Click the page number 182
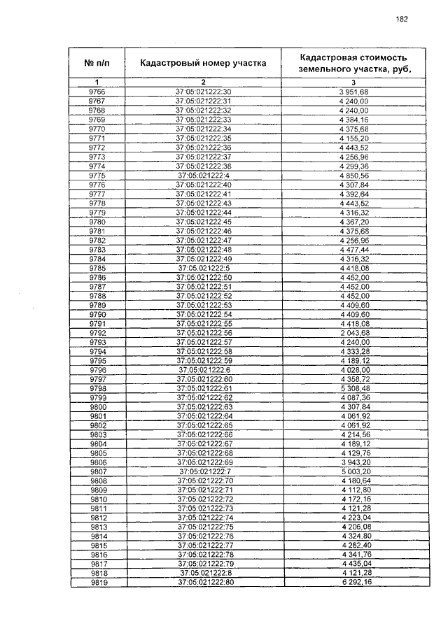tap(401, 19)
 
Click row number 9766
tap(97, 92)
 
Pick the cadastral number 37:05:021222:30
tap(203, 92)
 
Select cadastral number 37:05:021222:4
tap(203, 175)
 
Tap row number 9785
tap(97, 268)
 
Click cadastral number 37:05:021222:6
tap(203, 369)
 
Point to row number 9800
tap(97, 406)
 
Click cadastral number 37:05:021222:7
tap(203, 471)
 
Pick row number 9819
tap(97, 582)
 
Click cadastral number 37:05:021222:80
tap(203, 582)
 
